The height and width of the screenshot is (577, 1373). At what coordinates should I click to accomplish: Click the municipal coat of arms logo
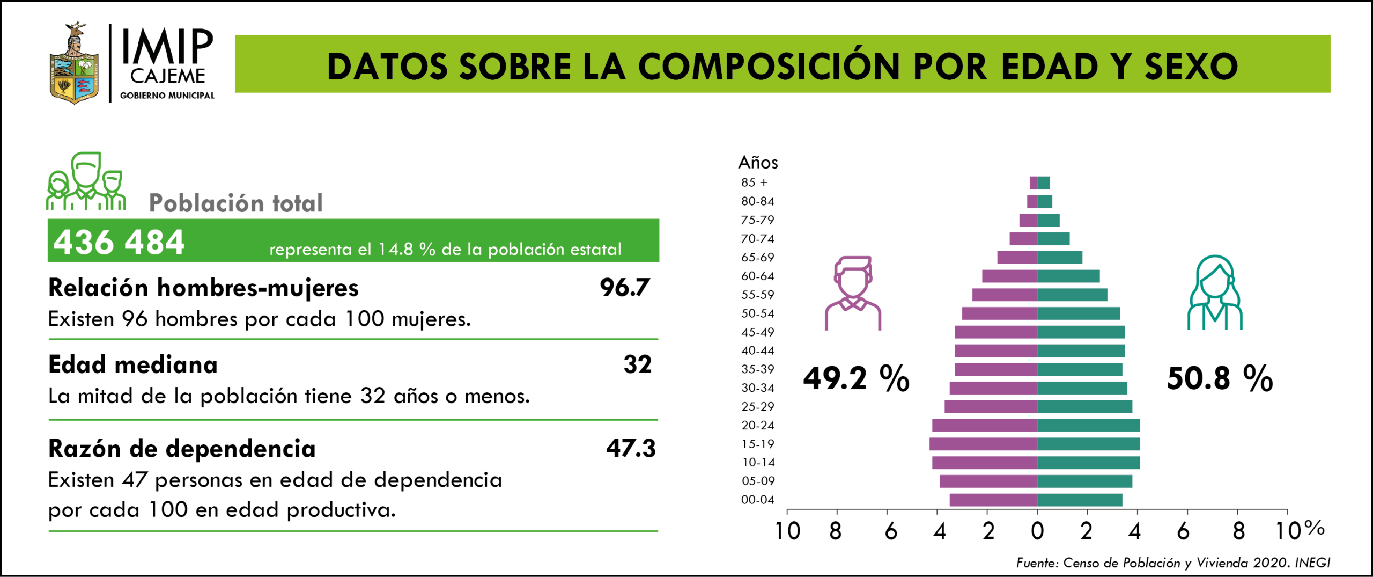click(x=74, y=64)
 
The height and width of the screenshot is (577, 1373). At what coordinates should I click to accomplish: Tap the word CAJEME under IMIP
click(x=167, y=76)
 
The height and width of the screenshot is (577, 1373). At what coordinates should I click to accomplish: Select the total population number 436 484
click(x=119, y=242)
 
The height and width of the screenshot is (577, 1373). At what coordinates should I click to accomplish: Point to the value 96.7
click(x=625, y=288)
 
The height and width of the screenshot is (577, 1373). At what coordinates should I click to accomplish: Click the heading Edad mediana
click(x=133, y=365)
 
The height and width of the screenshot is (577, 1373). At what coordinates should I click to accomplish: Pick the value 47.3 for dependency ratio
click(x=631, y=448)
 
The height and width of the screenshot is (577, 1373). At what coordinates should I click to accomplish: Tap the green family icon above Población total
click(x=86, y=181)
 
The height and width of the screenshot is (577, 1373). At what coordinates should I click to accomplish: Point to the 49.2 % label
click(x=856, y=378)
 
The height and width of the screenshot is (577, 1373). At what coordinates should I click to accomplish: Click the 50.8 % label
click(x=1220, y=378)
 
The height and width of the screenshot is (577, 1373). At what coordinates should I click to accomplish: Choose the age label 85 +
click(x=755, y=182)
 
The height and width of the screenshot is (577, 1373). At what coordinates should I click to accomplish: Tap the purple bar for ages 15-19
click(x=983, y=444)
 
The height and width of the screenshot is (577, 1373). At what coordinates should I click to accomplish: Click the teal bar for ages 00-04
click(x=1080, y=500)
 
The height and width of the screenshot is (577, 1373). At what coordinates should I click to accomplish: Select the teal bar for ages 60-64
click(x=1068, y=276)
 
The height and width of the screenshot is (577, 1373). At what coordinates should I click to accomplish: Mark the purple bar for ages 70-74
click(x=1023, y=239)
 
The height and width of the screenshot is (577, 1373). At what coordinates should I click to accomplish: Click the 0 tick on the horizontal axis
click(x=1037, y=531)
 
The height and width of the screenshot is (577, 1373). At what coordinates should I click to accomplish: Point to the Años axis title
click(x=758, y=162)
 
